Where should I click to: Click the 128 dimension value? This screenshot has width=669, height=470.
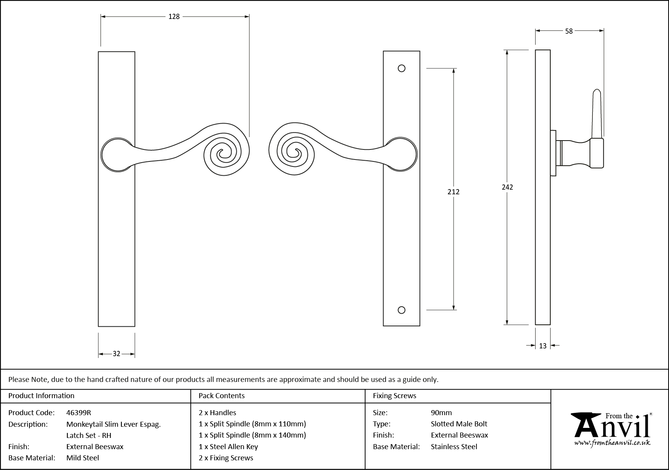(x=174, y=17)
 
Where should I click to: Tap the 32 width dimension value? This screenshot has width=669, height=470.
(x=116, y=354)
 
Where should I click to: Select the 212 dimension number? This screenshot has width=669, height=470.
(x=453, y=192)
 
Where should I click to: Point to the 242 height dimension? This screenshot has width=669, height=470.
(x=507, y=187)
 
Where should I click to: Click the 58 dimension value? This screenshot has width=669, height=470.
(x=569, y=31)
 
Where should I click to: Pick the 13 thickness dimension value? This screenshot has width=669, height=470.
(x=543, y=346)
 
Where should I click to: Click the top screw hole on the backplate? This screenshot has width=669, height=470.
(x=401, y=68)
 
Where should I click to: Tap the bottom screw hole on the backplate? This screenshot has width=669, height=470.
(x=401, y=310)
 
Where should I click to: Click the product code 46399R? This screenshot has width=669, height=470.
(x=79, y=412)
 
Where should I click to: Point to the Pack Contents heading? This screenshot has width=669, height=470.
(x=221, y=396)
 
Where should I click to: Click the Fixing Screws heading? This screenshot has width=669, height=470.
(x=394, y=396)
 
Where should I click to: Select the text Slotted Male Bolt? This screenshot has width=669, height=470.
(x=459, y=424)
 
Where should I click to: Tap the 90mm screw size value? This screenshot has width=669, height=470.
(x=441, y=412)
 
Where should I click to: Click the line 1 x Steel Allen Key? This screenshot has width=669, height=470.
(x=228, y=446)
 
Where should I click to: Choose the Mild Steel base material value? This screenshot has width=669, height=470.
(x=82, y=458)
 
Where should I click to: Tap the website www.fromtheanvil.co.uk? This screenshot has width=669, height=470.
(x=612, y=443)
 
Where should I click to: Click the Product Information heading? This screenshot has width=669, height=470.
(x=41, y=396)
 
